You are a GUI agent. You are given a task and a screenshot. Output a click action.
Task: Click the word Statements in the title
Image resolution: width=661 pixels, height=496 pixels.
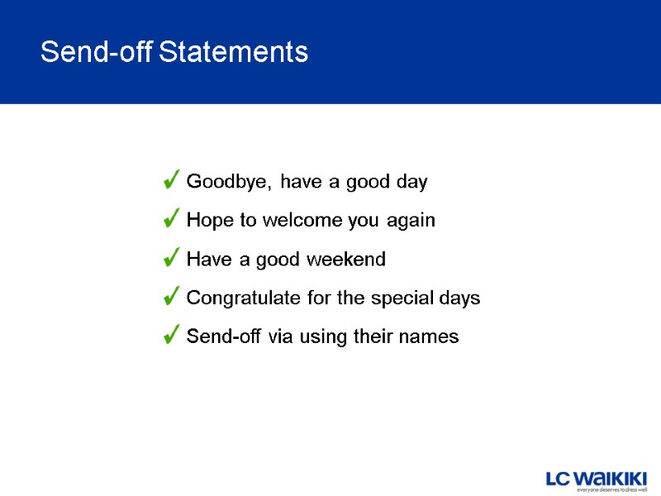pyautogui.click(x=233, y=53)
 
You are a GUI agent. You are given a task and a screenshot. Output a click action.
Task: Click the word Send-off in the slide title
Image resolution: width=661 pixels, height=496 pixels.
pyautogui.click(x=97, y=53)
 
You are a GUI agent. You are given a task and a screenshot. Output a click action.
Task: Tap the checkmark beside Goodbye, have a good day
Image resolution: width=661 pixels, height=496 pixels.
pyautogui.click(x=172, y=180)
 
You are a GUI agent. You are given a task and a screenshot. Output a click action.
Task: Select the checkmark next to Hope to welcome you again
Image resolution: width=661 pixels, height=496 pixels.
pyautogui.click(x=172, y=220)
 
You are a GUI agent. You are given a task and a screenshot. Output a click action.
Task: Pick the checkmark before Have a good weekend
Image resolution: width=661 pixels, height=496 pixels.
pyautogui.click(x=172, y=259)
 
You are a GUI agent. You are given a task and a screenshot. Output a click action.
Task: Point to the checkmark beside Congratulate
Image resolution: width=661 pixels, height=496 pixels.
pyautogui.click(x=172, y=297)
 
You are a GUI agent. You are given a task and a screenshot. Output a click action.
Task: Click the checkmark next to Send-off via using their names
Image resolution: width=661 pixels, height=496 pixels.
pyautogui.click(x=172, y=336)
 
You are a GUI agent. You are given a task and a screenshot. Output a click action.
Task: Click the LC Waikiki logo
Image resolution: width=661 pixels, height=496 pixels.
pyautogui.click(x=596, y=478)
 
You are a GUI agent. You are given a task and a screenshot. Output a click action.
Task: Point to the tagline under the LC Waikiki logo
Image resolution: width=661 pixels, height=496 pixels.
pyautogui.click(x=611, y=489)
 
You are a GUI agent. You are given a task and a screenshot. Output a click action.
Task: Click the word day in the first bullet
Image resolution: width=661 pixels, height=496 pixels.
pyautogui.click(x=411, y=182)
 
